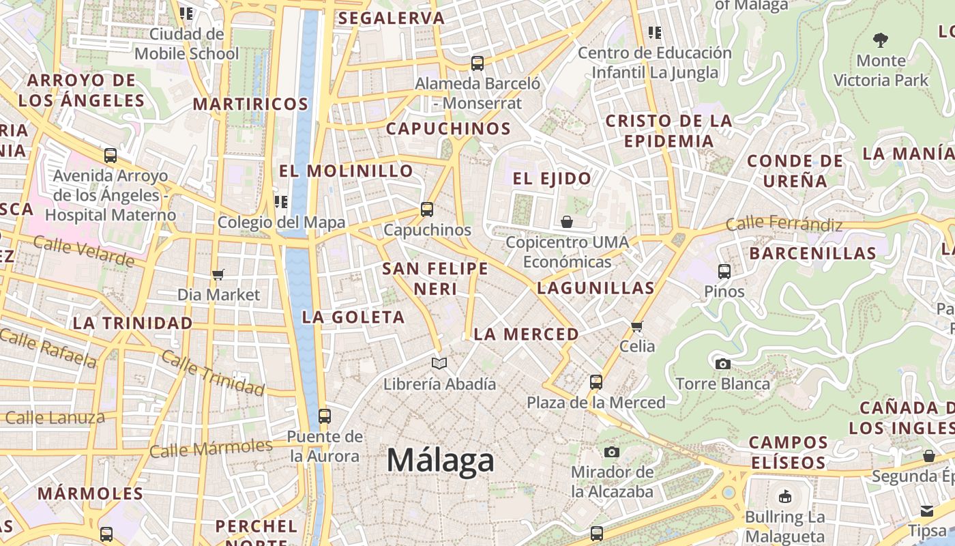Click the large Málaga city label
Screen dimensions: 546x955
click(440, 461)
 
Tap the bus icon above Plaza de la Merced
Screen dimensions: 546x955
click(596, 382)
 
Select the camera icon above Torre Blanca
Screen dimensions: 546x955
click(723, 364)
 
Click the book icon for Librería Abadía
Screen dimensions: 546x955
click(439, 364)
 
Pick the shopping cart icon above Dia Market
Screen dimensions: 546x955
click(218, 274)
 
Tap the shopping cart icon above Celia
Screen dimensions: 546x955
click(637, 326)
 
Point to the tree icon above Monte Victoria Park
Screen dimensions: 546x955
click(881, 40)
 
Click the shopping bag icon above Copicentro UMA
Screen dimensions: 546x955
click(567, 222)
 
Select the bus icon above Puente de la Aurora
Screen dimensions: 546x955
click(325, 416)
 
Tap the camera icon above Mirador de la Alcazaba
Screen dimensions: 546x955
click(612, 452)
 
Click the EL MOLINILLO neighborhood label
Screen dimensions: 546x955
click(347, 171)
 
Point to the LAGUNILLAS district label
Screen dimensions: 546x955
click(596, 288)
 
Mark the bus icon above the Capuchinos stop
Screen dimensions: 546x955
click(427, 210)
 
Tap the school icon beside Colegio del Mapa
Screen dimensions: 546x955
click(281, 202)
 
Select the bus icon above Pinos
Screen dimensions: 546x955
click(724, 272)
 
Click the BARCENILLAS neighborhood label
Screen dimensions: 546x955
click(812, 253)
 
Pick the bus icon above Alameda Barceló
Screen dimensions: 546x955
click(477, 63)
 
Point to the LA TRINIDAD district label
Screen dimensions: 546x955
click(132, 323)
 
